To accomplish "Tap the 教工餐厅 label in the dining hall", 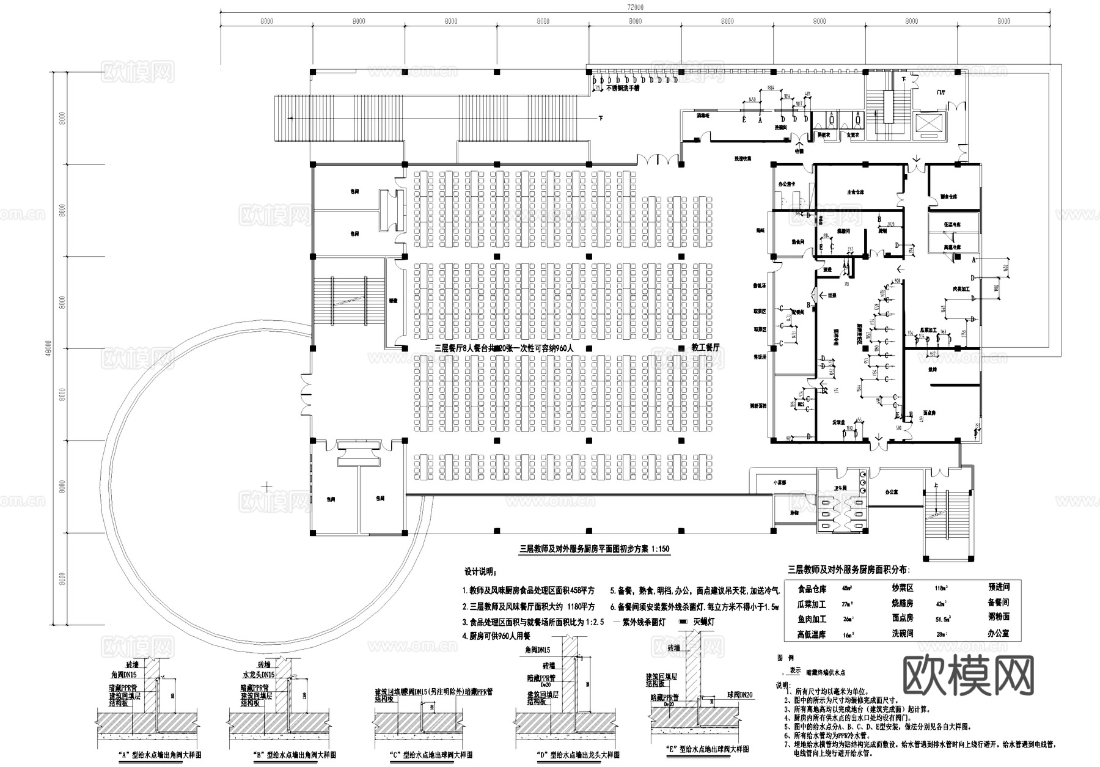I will tap(705, 347).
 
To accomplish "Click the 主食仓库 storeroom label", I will tap(855, 191).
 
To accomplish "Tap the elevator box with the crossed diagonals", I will tap(928, 126).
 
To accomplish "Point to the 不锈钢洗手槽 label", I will tap(622, 88).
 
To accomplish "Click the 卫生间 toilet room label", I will tap(841, 488).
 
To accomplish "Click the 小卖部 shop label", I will tap(779, 482).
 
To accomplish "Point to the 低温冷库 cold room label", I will tap(952, 225).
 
